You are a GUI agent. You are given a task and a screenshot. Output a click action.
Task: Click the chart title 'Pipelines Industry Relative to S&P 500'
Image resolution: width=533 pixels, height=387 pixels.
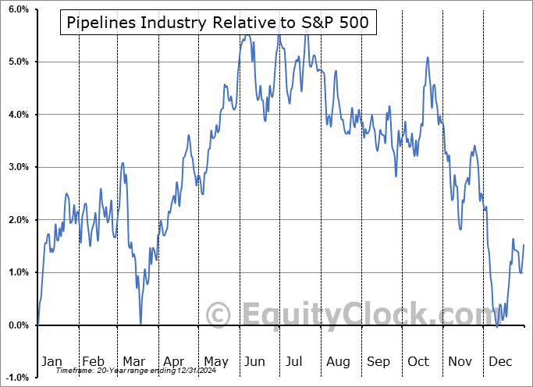pos(218,23)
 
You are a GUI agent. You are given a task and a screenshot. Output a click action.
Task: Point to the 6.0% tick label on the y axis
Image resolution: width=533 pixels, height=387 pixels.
pos(18,9)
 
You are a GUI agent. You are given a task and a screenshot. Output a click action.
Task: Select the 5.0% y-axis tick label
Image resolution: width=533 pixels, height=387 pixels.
pos(18,62)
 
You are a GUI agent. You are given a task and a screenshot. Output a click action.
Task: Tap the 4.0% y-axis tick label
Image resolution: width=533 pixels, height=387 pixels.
pos(18,115)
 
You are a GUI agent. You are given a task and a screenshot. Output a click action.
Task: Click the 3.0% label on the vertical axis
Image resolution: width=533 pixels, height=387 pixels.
pos(18,167)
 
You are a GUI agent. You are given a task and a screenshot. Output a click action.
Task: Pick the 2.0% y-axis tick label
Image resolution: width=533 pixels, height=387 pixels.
pos(18,220)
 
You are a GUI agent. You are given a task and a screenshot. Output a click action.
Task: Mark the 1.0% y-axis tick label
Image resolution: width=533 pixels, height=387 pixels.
pos(18,272)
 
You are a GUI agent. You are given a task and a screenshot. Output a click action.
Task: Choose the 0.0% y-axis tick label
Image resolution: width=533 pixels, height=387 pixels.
pos(18,325)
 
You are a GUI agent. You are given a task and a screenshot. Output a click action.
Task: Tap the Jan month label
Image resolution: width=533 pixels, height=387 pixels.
pos(51,361)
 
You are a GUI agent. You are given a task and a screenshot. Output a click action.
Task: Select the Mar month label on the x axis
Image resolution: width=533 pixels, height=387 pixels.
pos(133,361)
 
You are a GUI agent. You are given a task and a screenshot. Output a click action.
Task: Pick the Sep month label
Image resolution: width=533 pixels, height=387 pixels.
pos(378,361)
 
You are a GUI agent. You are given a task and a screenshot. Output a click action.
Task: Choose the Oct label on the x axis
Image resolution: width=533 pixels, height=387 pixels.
pos(419,361)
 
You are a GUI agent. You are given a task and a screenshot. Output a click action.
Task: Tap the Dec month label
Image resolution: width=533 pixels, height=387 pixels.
pos(500,361)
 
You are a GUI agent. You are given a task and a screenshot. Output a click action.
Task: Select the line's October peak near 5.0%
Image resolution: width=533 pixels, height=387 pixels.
pos(427,57)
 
